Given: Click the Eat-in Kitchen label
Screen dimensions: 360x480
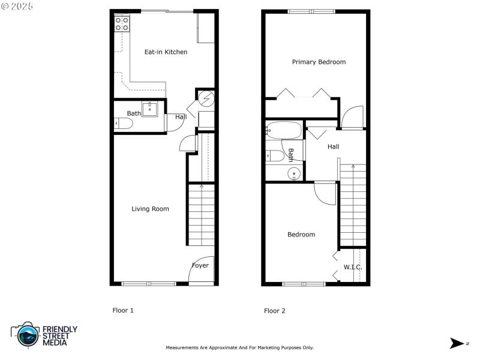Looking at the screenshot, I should pos(166,52).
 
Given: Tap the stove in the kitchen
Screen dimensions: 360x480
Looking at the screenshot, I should pos(122,23).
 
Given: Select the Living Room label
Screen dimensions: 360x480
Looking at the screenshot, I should pos(150,209).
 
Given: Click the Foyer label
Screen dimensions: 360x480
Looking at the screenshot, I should pos(200,265).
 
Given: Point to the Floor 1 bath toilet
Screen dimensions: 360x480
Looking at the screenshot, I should pos(124,124).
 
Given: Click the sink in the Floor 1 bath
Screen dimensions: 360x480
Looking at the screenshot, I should pos(150,109).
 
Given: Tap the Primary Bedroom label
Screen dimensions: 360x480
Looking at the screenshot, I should pos(319,62).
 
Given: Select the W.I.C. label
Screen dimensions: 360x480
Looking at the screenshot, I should pos(352,266).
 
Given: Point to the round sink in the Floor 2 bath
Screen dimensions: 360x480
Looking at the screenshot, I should pos(294,174).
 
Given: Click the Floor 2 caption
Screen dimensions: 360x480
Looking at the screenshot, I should pos(275,311).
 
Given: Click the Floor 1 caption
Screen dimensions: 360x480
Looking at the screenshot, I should pos(123,310).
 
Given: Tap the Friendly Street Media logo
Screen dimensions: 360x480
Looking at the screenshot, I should pos(44,335).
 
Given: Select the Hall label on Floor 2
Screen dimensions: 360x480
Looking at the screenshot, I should pos(333,146).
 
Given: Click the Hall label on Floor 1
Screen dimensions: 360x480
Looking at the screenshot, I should pos(181,117).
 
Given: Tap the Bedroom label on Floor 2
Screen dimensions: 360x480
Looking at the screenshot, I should pos(301,235).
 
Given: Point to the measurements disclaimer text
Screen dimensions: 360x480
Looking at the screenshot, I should pos(239,347).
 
